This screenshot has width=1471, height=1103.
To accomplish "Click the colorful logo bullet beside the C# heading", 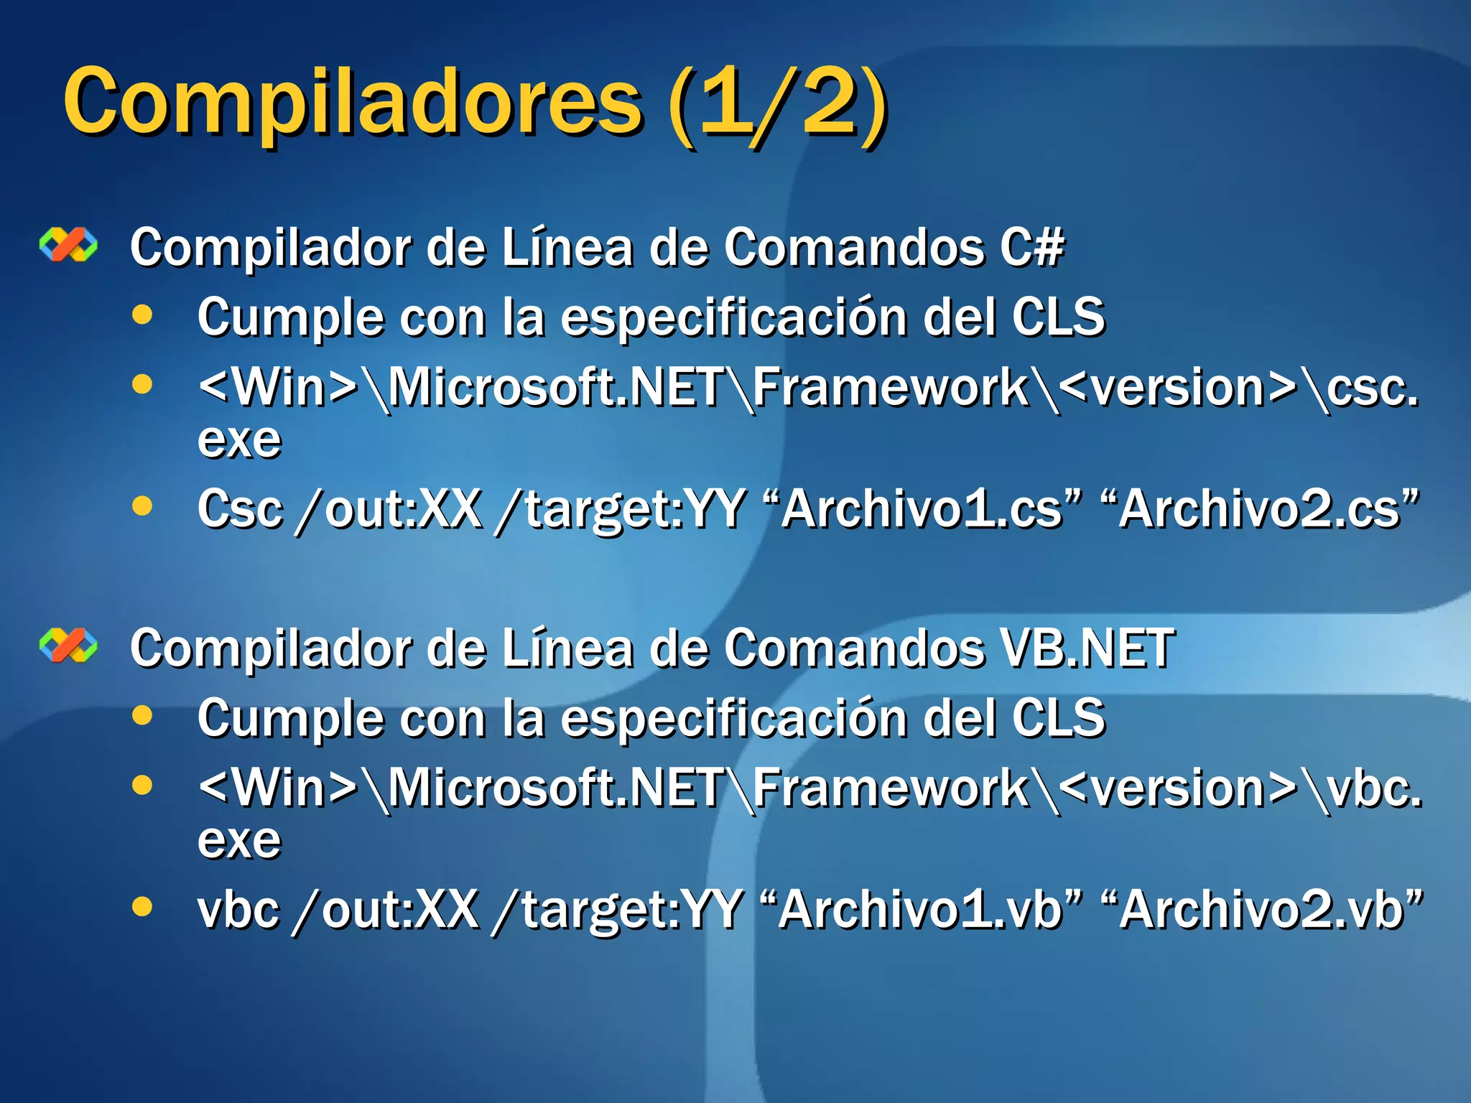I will point(68,245).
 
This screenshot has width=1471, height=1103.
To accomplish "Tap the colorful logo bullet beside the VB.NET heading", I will point(68,645).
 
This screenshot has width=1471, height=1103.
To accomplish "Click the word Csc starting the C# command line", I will point(240,509).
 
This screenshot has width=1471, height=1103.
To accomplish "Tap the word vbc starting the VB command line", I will point(238,910).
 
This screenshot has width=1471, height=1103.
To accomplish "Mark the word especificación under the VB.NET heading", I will point(733,718).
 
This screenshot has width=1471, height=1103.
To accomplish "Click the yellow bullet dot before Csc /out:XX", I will point(143,506).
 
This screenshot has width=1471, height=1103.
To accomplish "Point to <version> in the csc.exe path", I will point(1178,388).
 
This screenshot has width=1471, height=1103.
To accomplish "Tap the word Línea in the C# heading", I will point(567,247).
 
